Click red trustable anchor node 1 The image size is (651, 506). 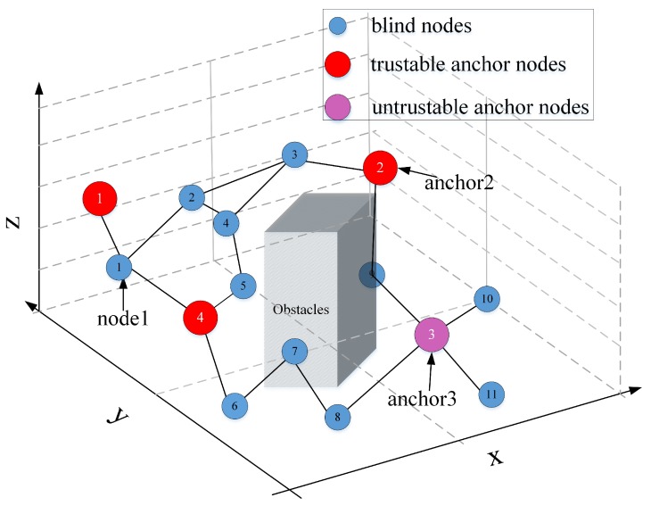102,198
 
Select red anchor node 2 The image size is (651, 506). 380,167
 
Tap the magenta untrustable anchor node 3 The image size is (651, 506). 431,336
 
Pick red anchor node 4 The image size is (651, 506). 201,317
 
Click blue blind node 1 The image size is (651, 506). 119,266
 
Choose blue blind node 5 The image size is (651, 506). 243,286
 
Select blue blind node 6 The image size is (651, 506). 235,405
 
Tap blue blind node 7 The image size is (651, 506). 294,351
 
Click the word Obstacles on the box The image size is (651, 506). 302,310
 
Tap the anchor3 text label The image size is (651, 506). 421,399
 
